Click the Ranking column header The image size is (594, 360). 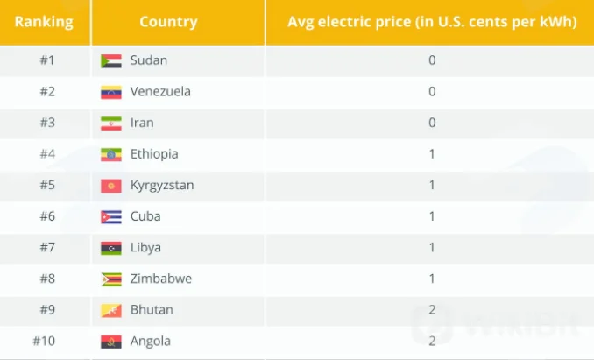point(44,22)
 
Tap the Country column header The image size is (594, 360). point(168,22)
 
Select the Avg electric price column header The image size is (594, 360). point(432,22)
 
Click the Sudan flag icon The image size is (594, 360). point(111,61)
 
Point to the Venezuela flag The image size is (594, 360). point(111,92)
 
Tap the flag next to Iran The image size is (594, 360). point(111,124)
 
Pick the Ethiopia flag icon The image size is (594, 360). point(111,154)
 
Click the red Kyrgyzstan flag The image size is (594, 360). point(111,186)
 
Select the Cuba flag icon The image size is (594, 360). point(111,217)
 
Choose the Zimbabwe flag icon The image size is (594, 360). point(111,279)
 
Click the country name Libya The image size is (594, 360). point(145,248)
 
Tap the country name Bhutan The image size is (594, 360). point(152,310)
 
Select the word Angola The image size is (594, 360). point(151,342)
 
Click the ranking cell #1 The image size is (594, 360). point(47,60)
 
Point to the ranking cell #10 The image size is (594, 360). point(44,341)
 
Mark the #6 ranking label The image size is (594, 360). point(47,216)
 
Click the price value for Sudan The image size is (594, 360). point(432,60)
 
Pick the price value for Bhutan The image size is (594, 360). point(432,310)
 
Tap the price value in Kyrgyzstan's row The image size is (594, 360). point(432,185)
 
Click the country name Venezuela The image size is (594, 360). point(160,92)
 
